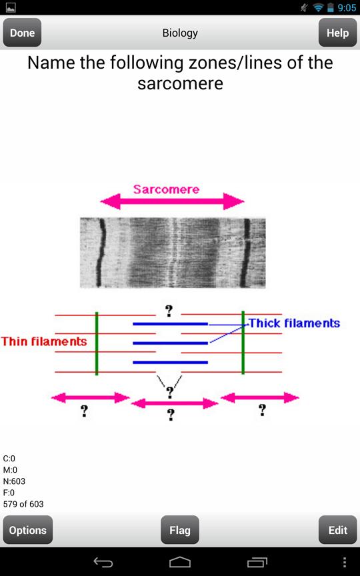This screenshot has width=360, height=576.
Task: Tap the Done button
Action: coord(22,33)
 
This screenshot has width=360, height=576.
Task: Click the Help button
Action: coord(337,33)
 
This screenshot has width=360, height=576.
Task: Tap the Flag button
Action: coord(180,530)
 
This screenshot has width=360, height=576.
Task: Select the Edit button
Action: coord(337,530)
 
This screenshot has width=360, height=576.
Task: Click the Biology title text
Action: coord(180,33)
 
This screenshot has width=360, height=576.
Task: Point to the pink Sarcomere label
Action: coord(166,189)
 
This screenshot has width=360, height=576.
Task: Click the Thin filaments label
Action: coord(44,341)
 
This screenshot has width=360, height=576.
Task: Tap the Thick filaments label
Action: coord(295,323)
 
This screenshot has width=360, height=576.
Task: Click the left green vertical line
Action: coord(97,343)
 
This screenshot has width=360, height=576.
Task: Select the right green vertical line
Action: coord(243,343)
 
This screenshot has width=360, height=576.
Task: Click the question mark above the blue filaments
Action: coord(169,311)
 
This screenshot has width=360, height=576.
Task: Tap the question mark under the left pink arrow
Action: coord(84,411)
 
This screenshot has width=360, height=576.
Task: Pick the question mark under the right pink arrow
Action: coord(262,409)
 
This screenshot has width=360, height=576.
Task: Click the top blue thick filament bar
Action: coord(171,324)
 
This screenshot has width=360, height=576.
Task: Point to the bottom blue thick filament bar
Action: coord(171,363)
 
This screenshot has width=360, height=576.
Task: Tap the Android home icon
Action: coord(180,562)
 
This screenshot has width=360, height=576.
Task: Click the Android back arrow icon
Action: coord(103,562)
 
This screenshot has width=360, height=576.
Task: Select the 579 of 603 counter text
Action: coord(23,503)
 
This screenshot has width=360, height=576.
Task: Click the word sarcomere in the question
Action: coord(180,83)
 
